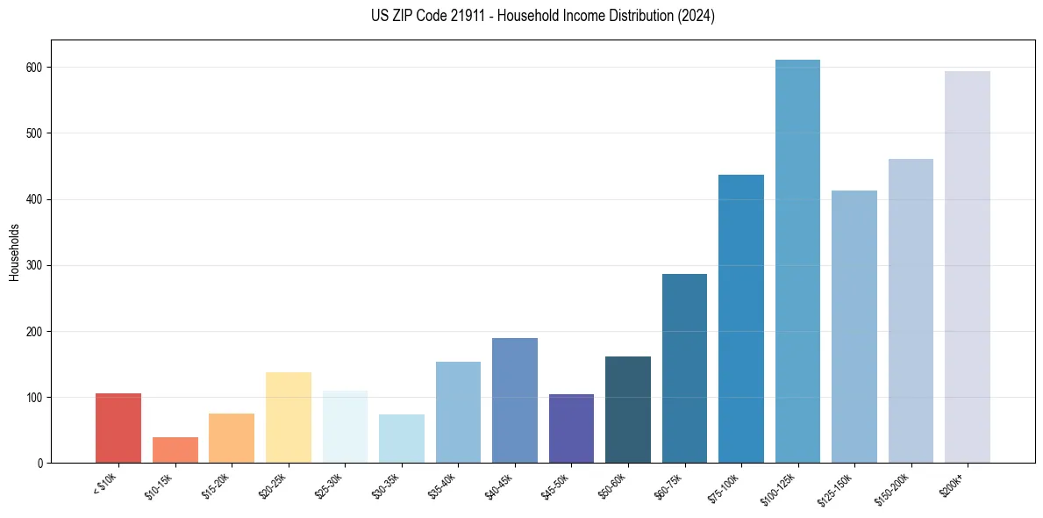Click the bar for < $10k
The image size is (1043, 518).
pyautogui.click(x=118, y=428)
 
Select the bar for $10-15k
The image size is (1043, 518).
pyautogui.click(x=175, y=450)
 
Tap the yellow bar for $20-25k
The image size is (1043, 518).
pyautogui.click(x=288, y=418)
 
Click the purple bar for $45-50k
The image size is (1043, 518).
pyautogui.click(x=571, y=428)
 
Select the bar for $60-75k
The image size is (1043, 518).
pyautogui.click(x=684, y=369)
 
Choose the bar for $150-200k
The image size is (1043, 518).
pyautogui.click(x=911, y=311)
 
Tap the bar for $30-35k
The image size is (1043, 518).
pyautogui.click(x=401, y=439)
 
